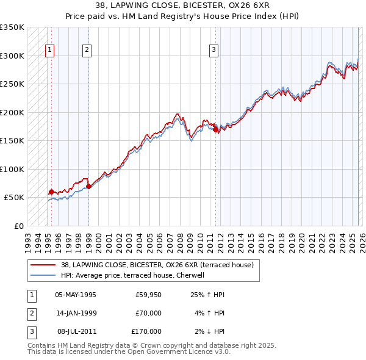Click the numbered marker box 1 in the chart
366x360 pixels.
[49, 51]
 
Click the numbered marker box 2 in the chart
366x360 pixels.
[87, 51]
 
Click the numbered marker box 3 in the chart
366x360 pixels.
[214, 51]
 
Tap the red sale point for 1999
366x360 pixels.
[88, 186]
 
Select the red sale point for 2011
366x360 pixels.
[215, 129]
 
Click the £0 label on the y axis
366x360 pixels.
[18, 226]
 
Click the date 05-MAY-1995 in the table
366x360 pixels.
[75, 295]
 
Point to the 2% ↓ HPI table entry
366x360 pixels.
[210, 331]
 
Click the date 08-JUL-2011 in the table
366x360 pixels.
[75, 331]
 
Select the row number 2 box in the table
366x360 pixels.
[31, 313]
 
